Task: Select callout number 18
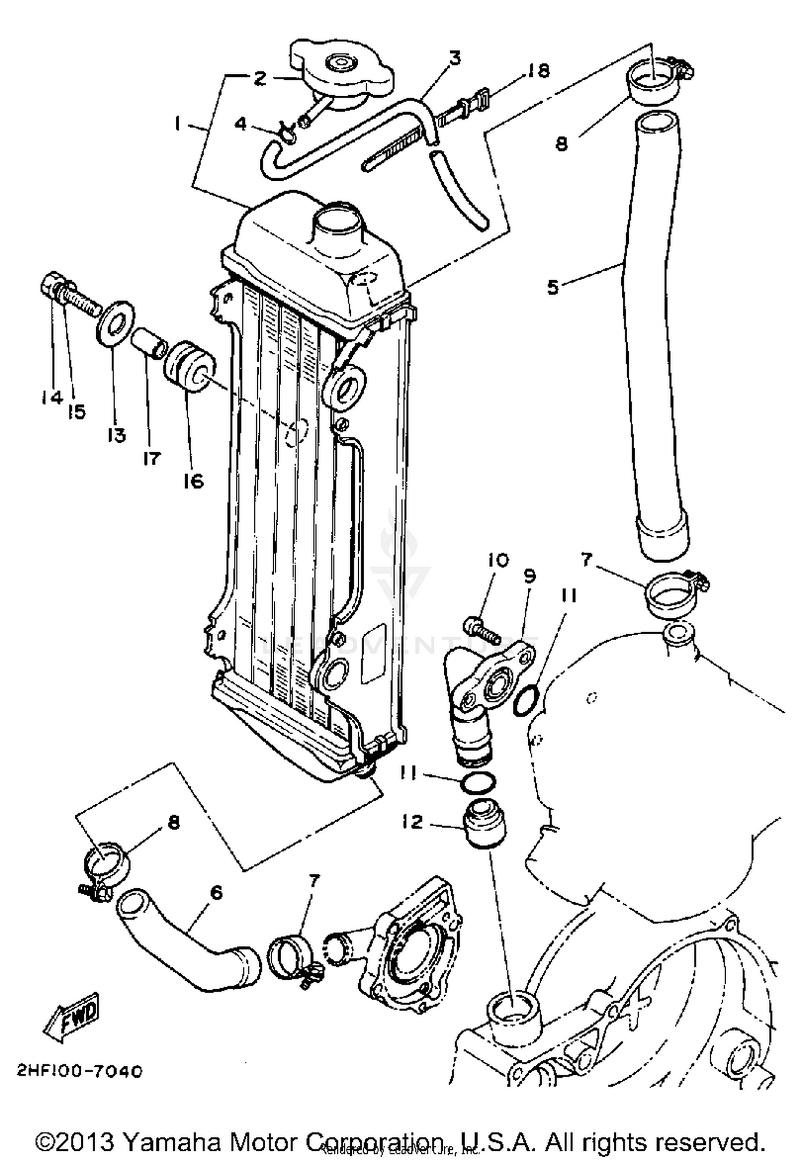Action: click(x=536, y=71)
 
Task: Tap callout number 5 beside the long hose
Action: click(x=552, y=287)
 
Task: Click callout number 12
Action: click(x=412, y=821)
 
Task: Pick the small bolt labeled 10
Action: click(x=481, y=630)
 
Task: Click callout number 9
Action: click(x=529, y=576)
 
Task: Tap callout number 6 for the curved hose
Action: click(x=216, y=892)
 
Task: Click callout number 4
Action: click(x=241, y=124)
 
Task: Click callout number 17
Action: click(x=152, y=458)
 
